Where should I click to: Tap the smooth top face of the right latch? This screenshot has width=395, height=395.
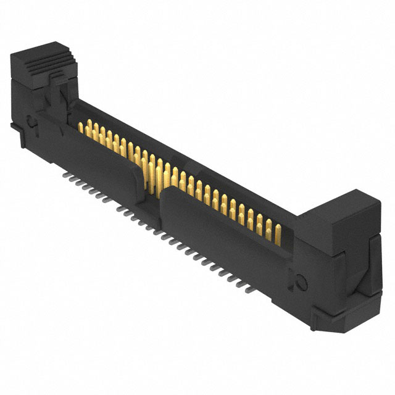(x=343, y=203)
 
